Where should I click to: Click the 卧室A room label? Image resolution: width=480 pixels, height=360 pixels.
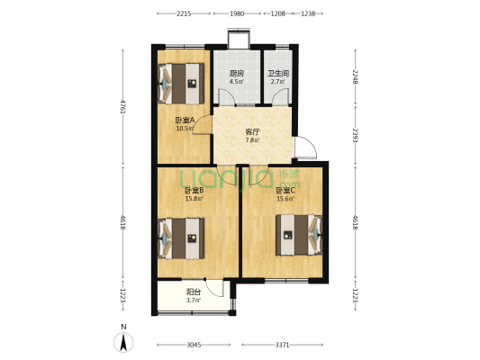click(x=186, y=121)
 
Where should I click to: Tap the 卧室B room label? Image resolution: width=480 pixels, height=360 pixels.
click(x=194, y=190)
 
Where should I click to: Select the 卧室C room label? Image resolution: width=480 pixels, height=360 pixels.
click(x=284, y=190)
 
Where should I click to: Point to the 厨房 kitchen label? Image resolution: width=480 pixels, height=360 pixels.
click(x=237, y=74)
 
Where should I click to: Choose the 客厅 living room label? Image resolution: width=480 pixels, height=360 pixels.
click(x=253, y=132)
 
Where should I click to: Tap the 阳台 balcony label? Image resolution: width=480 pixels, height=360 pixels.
click(x=193, y=292)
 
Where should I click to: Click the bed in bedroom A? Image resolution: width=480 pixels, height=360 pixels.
click(x=186, y=86)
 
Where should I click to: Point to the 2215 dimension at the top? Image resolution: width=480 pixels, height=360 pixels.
click(x=184, y=14)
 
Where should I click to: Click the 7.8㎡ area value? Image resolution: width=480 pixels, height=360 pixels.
click(x=253, y=140)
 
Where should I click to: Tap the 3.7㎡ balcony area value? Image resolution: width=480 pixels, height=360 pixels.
click(x=193, y=300)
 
